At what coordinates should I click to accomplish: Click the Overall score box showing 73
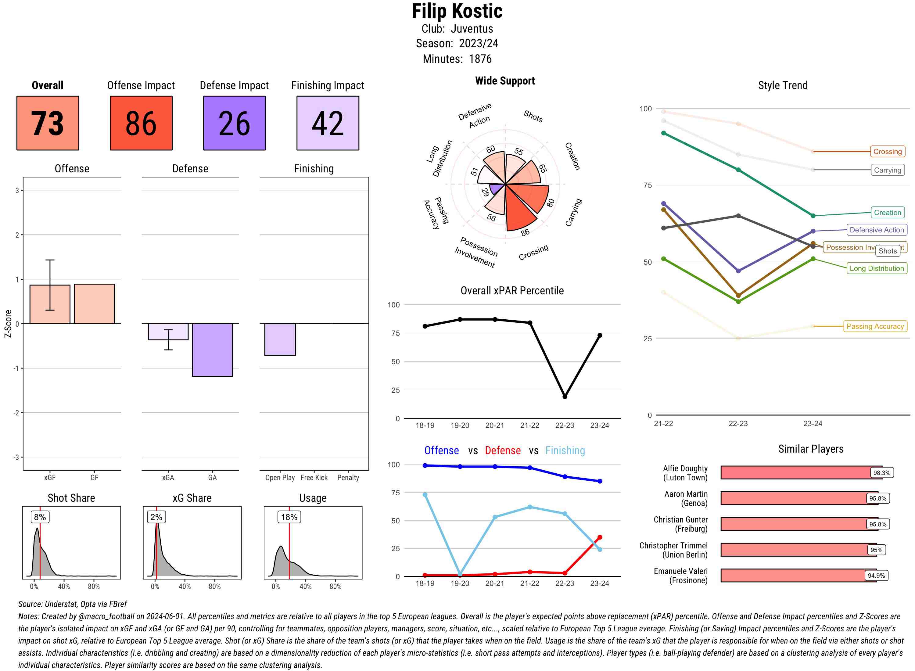pyautogui.click(x=48, y=123)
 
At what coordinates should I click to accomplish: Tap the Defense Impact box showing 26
pyautogui.click(x=234, y=123)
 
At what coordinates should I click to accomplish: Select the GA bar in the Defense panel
pyautogui.click(x=212, y=350)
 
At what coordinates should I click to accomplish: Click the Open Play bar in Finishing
pyautogui.click(x=280, y=339)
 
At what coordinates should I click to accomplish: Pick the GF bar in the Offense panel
pyautogui.click(x=94, y=304)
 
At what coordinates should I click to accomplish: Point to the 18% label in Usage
pyautogui.click(x=289, y=517)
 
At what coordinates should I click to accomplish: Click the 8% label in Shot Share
pyautogui.click(x=40, y=517)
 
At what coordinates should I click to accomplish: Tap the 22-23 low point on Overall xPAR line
pyautogui.click(x=565, y=396)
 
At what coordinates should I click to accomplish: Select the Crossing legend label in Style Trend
pyautogui.click(x=887, y=152)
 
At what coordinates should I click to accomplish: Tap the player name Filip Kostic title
pyautogui.click(x=457, y=11)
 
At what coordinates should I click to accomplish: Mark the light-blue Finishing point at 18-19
pyautogui.click(x=425, y=495)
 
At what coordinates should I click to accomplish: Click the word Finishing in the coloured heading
pyautogui.click(x=565, y=450)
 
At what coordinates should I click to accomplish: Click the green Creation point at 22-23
pyautogui.click(x=738, y=170)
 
